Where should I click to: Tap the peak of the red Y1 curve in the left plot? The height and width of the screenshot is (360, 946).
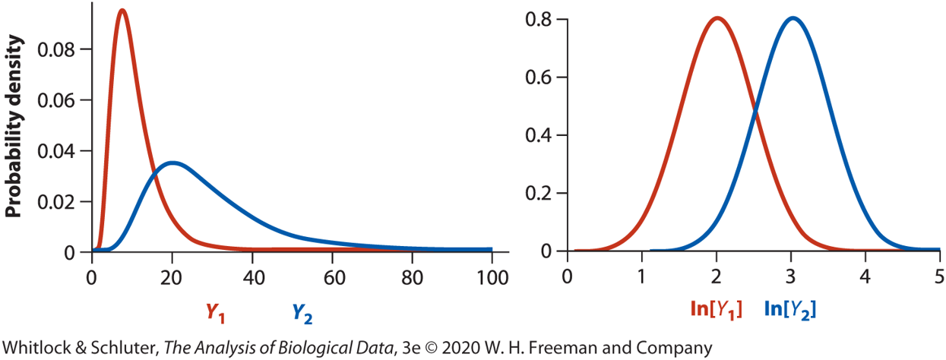tap(122, 11)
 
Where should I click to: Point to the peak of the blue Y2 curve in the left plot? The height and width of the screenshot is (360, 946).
tap(173, 163)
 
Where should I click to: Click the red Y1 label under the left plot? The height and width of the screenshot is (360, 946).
tap(215, 311)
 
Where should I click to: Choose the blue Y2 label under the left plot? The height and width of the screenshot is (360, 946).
tap(302, 311)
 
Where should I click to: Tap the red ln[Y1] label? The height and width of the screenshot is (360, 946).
tap(714, 308)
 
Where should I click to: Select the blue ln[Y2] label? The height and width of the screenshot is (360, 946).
tap(789, 308)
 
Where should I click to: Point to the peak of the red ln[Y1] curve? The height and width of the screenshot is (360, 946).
tap(717, 18)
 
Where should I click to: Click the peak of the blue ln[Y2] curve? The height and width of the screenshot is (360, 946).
tap(793, 18)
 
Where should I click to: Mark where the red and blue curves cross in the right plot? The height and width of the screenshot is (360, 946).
tap(755, 112)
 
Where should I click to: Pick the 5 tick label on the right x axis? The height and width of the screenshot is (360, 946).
tap(939, 274)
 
